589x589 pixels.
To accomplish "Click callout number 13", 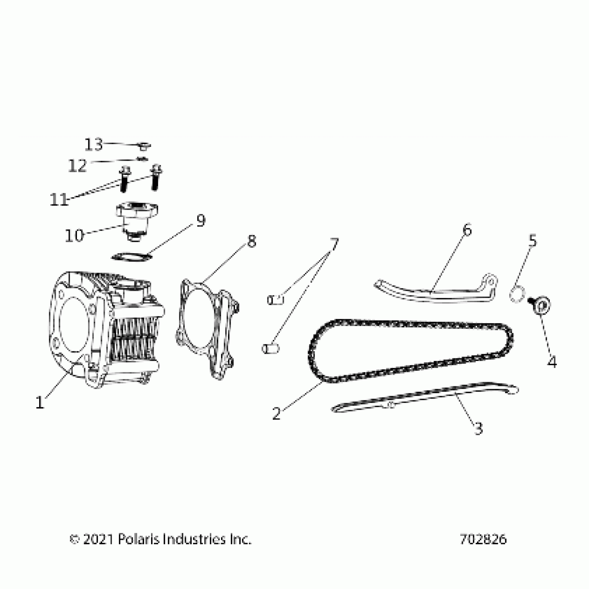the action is pos(94,144).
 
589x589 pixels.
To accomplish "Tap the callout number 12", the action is pos(77,166).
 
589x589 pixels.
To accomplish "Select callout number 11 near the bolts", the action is pos(59,200).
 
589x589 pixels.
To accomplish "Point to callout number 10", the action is pos(74,236).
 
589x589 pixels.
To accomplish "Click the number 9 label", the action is pos(201,220).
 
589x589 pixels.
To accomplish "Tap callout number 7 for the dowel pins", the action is pos(333,245).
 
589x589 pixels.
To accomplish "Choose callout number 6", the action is pos(467,229).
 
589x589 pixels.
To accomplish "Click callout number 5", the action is pos(532,240).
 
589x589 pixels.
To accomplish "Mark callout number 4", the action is pos(552,362).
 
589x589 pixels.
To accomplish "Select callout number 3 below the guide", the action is pos(478,429).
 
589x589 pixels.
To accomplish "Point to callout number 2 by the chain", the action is pos(276,413).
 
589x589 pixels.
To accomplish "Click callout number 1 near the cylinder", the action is pos(40,402).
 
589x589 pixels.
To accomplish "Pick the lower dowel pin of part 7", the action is pos(270,348).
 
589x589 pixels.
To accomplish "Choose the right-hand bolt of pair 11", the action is pos(156,177).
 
